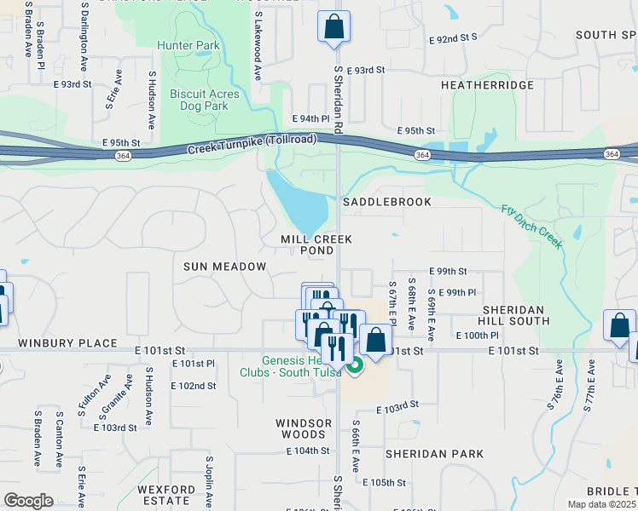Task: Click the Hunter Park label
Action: (188, 45)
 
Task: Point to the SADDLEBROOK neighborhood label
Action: (386, 202)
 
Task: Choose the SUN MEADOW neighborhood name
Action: (225, 267)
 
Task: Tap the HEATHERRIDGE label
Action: (487, 85)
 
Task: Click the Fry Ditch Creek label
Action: (532, 227)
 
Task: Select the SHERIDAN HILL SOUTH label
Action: (516, 315)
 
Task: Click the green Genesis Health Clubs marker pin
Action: (356, 365)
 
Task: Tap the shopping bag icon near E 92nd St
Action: (334, 26)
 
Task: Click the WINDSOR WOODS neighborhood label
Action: (304, 429)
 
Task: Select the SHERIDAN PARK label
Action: (434, 454)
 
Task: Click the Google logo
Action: (29, 501)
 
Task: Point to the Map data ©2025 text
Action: (602, 504)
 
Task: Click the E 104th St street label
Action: (307, 451)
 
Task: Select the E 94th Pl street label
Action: (310, 118)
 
